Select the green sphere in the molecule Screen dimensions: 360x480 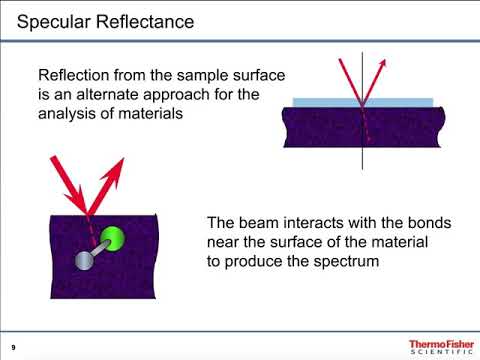(116, 240)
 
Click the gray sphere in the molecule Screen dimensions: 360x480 (83, 263)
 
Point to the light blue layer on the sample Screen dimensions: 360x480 (363, 102)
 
